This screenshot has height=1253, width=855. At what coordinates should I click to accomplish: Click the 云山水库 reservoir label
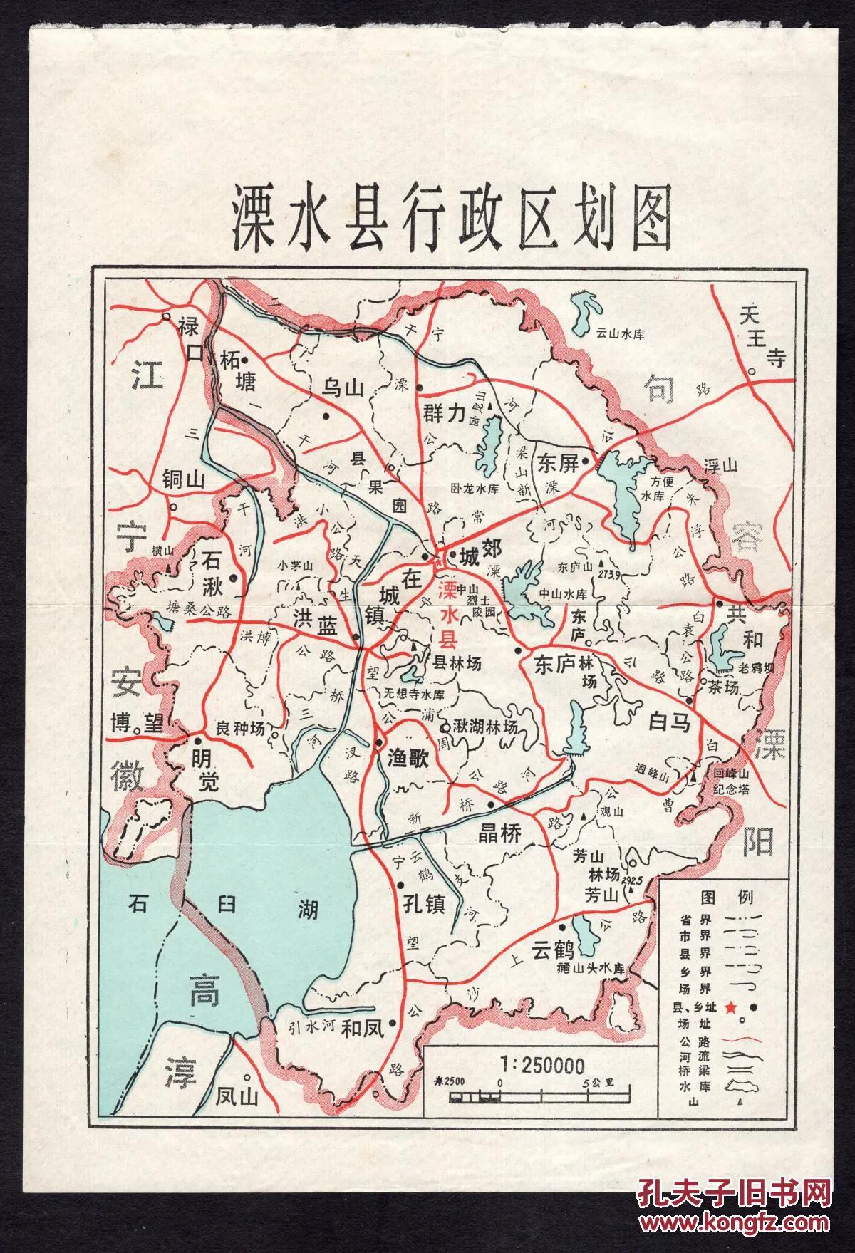click(621, 333)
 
